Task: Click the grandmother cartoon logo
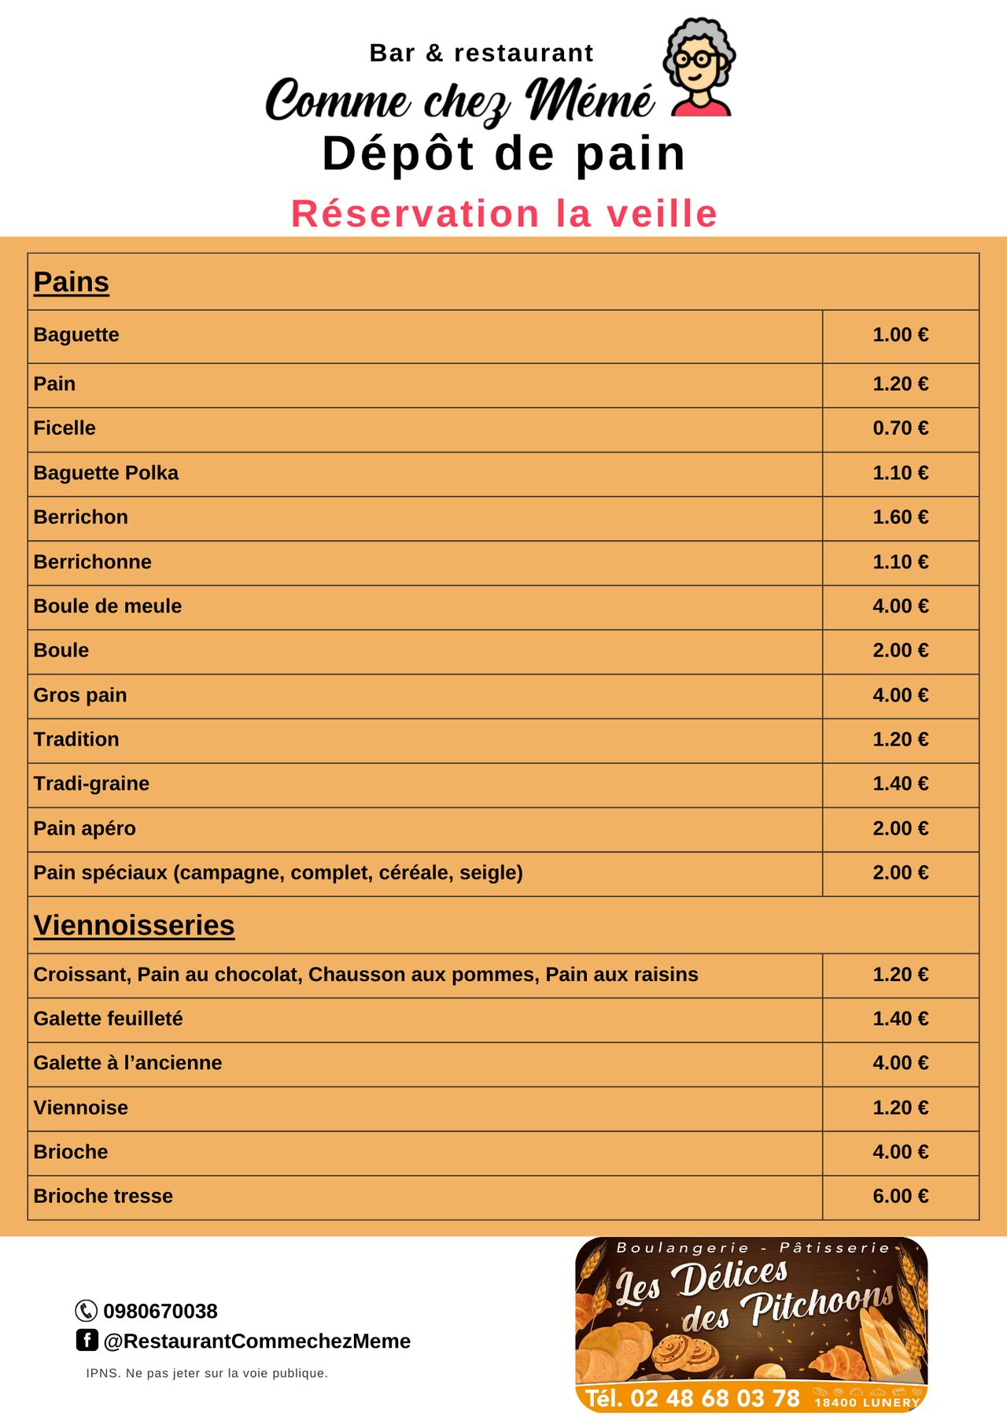click(699, 68)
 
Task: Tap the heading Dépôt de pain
click(504, 154)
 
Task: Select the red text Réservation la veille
click(504, 214)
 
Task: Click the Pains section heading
click(72, 282)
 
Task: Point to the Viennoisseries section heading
click(134, 925)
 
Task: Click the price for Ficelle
click(900, 428)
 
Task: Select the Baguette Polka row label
click(106, 473)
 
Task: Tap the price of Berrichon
click(900, 517)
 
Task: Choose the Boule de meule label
click(108, 606)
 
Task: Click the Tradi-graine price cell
click(900, 783)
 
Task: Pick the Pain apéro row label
click(85, 828)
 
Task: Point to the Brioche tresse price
click(900, 1196)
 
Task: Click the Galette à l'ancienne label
click(127, 1063)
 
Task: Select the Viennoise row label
click(81, 1108)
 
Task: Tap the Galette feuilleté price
click(900, 1019)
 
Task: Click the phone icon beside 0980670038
click(86, 1311)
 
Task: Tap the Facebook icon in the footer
click(87, 1340)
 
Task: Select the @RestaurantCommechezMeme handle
click(256, 1341)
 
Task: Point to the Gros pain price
click(900, 695)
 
